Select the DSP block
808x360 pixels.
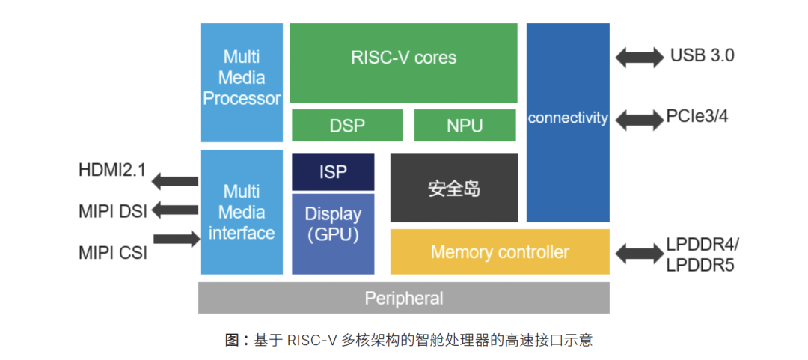[x=347, y=125]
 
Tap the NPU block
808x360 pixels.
[x=465, y=125]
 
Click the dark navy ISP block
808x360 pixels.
[x=333, y=171]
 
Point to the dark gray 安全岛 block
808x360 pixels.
[x=454, y=188]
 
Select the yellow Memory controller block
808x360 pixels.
[x=500, y=252]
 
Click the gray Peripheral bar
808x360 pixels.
[x=403, y=298]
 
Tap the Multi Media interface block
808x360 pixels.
[x=242, y=212]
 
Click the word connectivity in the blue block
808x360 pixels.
[x=568, y=118]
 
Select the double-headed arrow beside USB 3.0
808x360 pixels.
[x=639, y=56]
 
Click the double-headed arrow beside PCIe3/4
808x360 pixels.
[x=637, y=118]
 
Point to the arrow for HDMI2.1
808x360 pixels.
[x=174, y=180]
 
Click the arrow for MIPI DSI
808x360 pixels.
[x=174, y=210]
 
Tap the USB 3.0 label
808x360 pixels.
[x=702, y=56]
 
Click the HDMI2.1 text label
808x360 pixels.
[x=112, y=171]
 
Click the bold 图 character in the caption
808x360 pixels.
[x=231, y=340]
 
